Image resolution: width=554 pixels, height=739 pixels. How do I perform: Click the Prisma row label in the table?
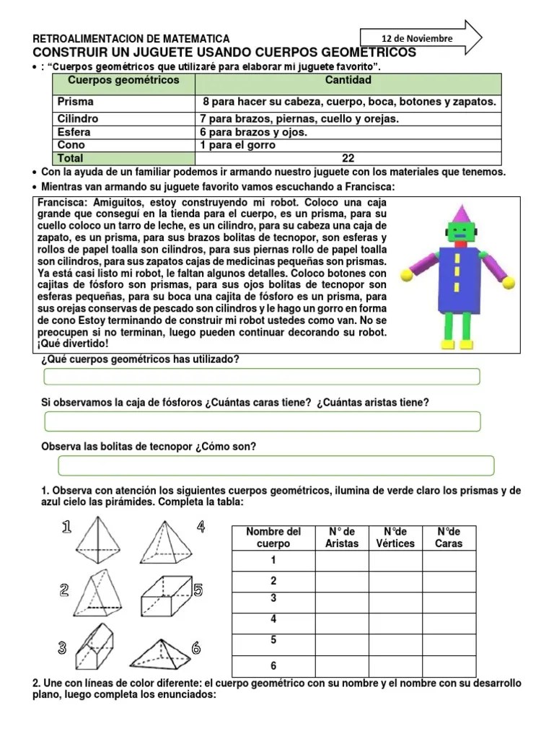(x=76, y=102)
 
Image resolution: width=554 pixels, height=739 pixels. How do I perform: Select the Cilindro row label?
(x=79, y=118)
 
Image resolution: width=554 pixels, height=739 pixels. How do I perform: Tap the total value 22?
(x=348, y=158)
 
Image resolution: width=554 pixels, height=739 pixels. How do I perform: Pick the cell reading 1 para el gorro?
(x=238, y=145)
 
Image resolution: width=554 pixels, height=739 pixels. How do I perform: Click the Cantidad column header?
(x=348, y=80)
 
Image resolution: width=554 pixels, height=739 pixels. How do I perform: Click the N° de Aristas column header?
(x=341, y=538)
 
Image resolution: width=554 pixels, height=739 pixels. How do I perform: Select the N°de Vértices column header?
(x=395, y=538)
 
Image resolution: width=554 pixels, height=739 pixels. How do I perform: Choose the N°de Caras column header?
(x=449, y=538)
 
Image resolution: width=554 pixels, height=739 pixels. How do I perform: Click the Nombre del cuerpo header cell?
(x=273, y=538)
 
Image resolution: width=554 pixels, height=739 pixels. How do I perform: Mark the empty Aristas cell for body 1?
(x=341, y=561)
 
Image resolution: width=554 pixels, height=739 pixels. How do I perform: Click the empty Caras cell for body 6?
(x=449, y=665)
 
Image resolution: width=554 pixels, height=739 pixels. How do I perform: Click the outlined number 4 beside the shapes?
(x=201, y=527)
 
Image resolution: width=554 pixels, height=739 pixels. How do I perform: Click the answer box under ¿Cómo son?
(x=268, y=465)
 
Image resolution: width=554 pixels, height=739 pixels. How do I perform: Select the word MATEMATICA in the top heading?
(x=195, y=38)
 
